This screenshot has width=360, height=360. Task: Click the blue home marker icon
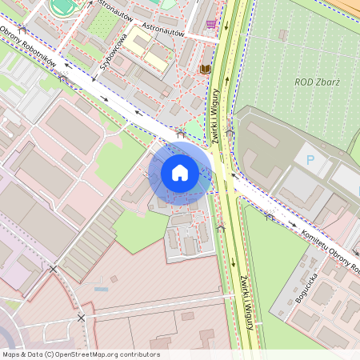[180, 172]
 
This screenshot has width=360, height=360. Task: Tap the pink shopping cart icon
[210, 25]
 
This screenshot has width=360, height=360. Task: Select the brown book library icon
[204, 70]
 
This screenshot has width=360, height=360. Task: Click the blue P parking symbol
[310, 161]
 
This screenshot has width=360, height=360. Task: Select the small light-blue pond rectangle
[100, 288]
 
